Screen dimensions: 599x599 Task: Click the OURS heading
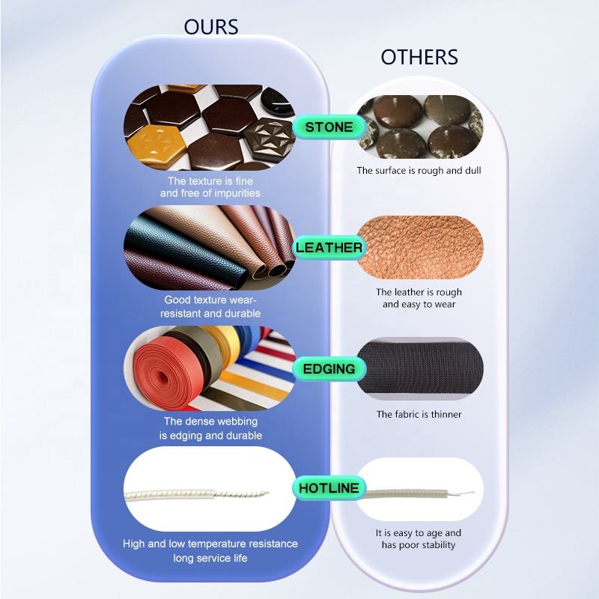click(211, 28)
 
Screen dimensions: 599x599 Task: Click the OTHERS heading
click(419, 58)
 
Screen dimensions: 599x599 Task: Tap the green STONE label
click(329, 127)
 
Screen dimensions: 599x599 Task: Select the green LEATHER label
click(329, 248)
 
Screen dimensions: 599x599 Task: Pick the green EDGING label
click(329, 368)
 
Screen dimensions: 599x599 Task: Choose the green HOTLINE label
click(329, 489)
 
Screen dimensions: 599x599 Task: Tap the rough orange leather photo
click(419, 247)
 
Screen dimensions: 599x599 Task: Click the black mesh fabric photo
click(419, 367)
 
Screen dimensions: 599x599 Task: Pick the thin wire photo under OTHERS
click(419, 490)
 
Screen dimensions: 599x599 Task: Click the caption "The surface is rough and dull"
click(419, 171)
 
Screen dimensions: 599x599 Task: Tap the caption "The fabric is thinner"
click(419, 414)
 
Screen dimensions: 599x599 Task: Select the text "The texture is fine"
click(210, 181)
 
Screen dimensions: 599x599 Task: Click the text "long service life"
click(210, 558)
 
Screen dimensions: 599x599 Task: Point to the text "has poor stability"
click(419, 545)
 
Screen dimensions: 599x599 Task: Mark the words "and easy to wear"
click(419, 304)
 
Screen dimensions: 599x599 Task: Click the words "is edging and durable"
click(210, 435)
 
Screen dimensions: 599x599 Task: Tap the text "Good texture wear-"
click(210, 300)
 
